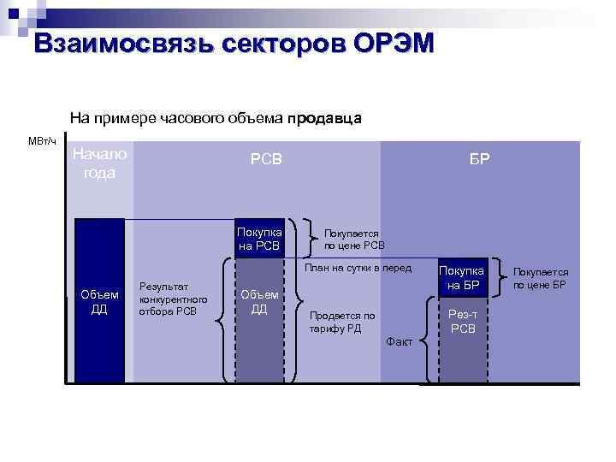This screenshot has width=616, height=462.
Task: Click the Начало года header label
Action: point(99,163)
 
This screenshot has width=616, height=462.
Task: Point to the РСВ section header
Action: point(266,159)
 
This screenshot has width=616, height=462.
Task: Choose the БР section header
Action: point(479,159)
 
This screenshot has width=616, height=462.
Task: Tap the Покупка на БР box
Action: point(465,277)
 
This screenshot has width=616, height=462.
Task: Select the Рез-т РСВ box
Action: point(464,322)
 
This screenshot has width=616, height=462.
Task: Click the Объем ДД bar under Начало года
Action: point(100,302)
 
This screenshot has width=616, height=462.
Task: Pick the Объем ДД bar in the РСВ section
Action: point(259,302)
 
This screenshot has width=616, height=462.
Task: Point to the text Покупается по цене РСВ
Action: point(353,239)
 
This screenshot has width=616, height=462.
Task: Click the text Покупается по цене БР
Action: point(541,278)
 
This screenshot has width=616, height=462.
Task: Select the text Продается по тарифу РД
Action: point(341,322)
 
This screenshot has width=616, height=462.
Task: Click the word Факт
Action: point(399,341)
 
